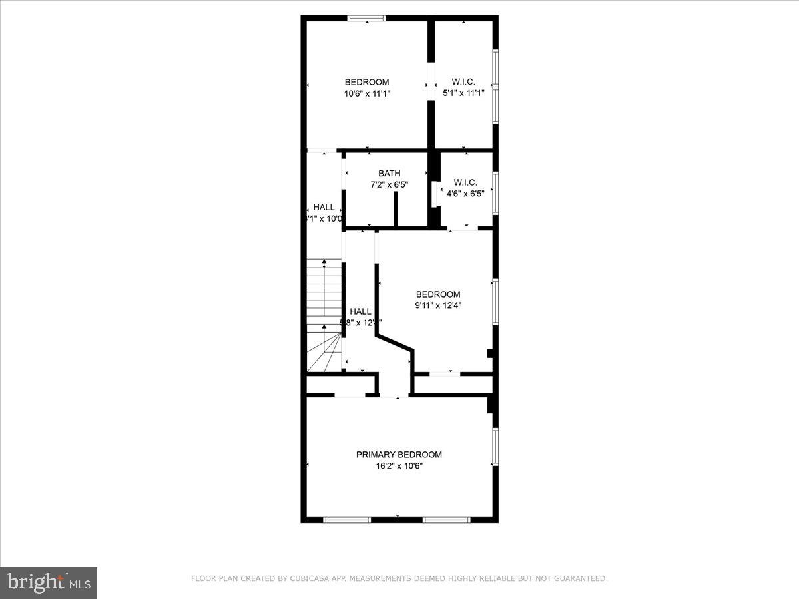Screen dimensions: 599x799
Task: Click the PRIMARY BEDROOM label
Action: point(399,455)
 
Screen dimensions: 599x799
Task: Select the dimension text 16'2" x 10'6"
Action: point(399,466)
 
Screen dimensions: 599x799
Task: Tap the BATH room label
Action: point(390,174)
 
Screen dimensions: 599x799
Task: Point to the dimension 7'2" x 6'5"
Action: point(390,185)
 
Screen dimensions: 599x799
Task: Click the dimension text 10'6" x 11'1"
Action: point(367,94)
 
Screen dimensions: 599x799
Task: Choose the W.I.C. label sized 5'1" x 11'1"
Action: point(463,82)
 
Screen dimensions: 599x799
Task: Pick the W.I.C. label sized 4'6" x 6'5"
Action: point(465,182)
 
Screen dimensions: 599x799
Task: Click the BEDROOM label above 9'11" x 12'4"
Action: point(438,294)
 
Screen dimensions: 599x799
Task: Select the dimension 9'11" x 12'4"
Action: point(438,305)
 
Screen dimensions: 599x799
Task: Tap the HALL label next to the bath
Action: point(324,207)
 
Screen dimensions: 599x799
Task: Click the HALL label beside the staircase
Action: point(360,311)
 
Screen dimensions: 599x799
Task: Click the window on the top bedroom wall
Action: point(367,18)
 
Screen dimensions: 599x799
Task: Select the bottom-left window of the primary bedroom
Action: point(347,519)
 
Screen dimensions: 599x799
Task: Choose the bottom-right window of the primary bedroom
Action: point(447,519)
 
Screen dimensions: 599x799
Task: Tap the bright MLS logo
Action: point(49,583)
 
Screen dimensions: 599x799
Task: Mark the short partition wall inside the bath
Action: point(396,210)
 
